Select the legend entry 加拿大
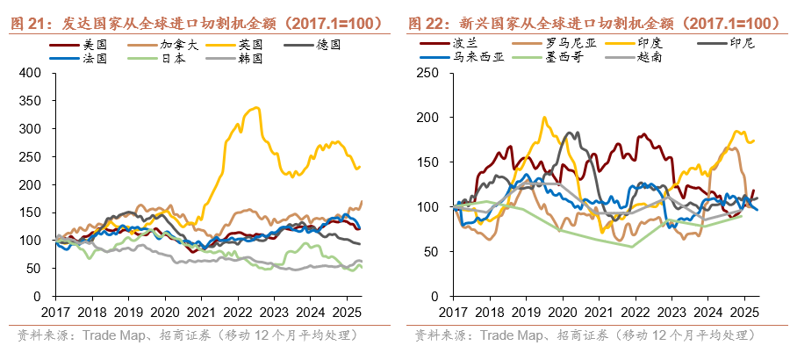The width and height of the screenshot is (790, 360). click(173, 43)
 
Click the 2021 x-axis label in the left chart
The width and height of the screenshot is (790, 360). click(198, 312)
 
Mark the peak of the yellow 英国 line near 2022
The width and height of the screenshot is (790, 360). click(255, 108)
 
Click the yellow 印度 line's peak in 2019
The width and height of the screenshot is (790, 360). click(544, 118)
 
